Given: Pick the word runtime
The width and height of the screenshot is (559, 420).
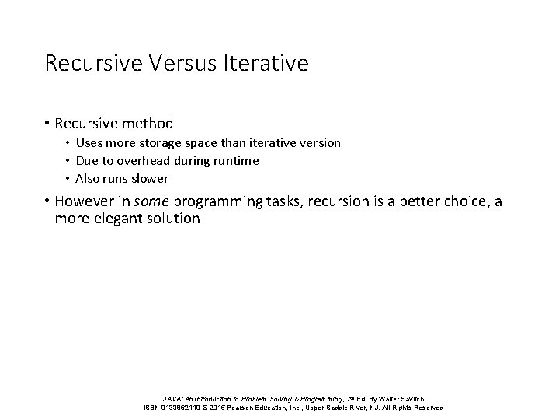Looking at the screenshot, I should point(233,161).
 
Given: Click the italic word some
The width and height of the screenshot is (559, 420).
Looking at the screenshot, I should point(152,202).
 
